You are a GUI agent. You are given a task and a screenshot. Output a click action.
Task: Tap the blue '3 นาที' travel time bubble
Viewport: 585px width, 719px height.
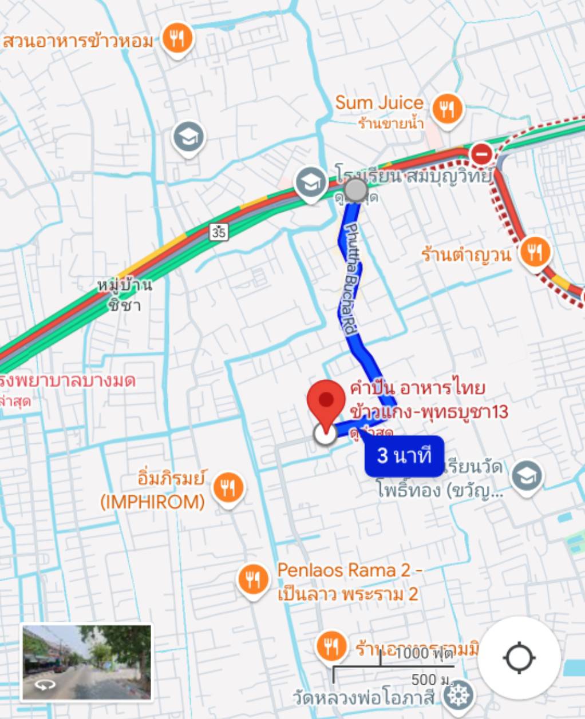point(404,456)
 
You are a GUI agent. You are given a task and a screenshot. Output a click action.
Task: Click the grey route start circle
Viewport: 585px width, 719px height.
point(355,190)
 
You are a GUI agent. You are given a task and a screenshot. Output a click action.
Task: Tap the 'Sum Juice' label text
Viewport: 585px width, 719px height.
point(379,103)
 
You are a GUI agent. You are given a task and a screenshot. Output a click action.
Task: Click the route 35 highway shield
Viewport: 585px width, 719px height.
point(219,231)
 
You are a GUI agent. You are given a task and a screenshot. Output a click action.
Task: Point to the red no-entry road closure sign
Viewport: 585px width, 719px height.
point(481,154)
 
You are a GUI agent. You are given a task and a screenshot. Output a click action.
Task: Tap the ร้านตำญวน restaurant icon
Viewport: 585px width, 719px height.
point(535,251)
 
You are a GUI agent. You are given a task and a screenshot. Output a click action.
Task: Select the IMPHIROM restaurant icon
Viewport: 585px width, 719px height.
point(228,487)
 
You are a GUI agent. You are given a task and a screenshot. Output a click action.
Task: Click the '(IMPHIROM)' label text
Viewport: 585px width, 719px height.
point(152,502)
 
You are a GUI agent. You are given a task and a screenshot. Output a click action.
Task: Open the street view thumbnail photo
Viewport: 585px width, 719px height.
point(87,662)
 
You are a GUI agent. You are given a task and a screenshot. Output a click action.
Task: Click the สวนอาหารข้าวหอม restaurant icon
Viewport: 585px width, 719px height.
point(177,39)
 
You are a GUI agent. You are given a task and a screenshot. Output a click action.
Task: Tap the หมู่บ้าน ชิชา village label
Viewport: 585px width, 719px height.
point(124,294)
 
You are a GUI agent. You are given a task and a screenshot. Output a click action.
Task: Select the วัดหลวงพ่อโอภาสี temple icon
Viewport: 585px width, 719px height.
point(458,695)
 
